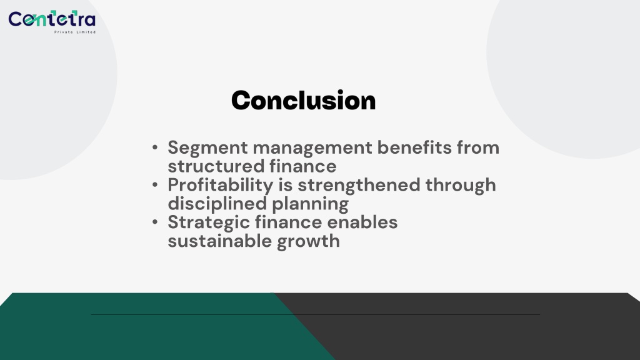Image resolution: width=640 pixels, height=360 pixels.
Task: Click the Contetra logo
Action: coord(52,22)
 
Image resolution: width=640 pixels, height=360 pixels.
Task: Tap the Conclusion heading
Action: coord(303,101)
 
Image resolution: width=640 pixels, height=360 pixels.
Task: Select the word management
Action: coord(312,147)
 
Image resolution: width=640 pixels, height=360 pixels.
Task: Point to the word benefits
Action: coord(414,147)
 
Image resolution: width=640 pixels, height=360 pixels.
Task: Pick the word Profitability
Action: coord(221,186)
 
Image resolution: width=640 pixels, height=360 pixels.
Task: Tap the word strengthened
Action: coord(359,186)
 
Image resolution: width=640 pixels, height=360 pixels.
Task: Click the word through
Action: coord(461,186)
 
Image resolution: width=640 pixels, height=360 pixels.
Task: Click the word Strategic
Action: coord(209,223)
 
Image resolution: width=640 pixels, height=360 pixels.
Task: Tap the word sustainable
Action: coord(220,241)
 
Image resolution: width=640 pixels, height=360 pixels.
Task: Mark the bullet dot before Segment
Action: coord(155,147)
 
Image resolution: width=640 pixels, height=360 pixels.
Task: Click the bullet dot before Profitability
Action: coord(155,185)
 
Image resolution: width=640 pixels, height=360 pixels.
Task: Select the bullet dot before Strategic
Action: coord(155,222)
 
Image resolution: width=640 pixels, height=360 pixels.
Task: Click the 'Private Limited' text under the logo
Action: coord(75,32)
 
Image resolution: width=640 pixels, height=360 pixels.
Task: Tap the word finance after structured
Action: coord(303,166)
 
